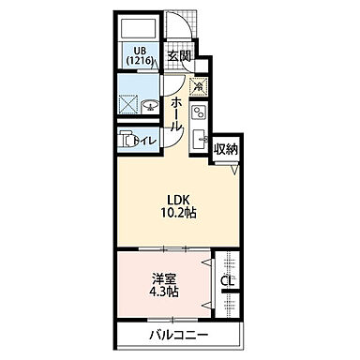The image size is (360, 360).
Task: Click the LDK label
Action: point(179,198)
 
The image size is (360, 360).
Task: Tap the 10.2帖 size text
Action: point(179,213)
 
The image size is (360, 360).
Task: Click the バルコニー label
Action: point(177,335)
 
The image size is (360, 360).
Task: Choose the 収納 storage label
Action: point(226,148)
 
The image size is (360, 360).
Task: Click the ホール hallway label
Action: point(176,112)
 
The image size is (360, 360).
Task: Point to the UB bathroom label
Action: point(139,49)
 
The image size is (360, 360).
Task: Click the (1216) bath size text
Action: point(139,61)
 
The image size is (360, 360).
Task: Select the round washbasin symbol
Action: point(150,104)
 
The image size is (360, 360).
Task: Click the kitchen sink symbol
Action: point(199,141)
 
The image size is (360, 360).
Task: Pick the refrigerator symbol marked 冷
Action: point(199,86)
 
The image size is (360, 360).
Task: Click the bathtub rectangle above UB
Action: point(140,25)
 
